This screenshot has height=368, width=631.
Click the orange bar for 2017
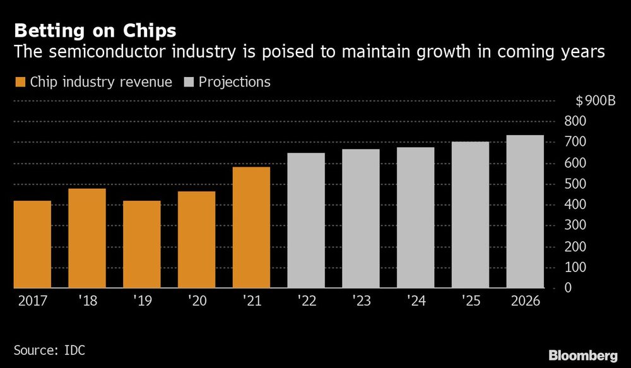[x=32, y=244]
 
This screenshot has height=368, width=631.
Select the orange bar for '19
[x=141, y=244]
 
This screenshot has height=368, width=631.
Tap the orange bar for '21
[x=251, y=227]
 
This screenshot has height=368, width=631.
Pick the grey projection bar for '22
[x=306, y=220]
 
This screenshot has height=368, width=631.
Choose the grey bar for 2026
[x=525, y=211]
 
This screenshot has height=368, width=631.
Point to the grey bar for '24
[x=415, y=218]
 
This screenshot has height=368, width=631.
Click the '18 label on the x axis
[x=86, y=301]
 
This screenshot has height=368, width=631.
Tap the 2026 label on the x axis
[x=525, y=301]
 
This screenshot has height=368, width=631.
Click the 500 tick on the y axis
[x=576, y=184]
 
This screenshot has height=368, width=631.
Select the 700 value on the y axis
[x=576, y=143]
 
